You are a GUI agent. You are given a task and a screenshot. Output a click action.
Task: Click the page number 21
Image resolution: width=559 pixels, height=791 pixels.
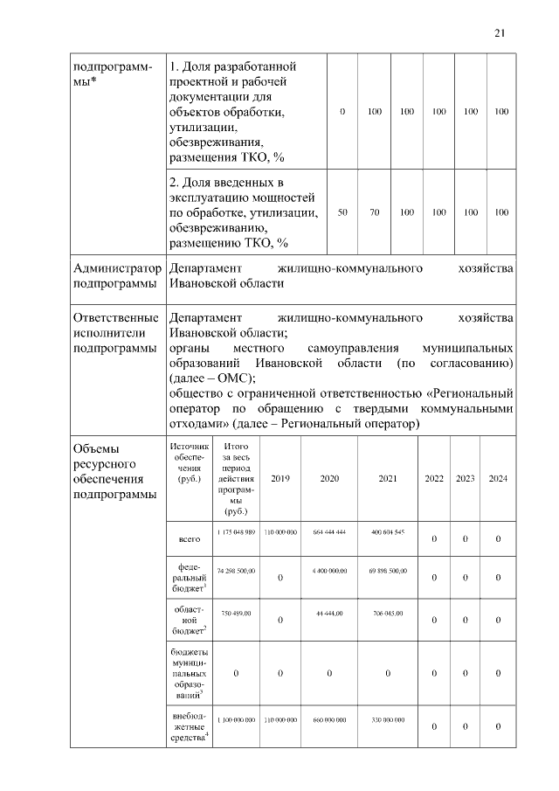(500, 33)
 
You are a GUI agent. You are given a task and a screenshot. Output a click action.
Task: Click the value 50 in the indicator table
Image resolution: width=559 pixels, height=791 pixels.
(342, 212)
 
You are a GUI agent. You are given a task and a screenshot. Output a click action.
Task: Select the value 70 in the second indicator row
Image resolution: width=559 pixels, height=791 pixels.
(374, 212)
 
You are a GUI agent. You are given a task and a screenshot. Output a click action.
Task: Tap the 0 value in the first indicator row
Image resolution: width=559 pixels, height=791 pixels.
(342, 113)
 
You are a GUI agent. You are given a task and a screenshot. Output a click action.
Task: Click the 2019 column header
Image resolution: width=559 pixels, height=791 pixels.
(280, 479)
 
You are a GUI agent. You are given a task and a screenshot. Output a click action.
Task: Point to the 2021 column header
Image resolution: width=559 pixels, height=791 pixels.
(387, 479)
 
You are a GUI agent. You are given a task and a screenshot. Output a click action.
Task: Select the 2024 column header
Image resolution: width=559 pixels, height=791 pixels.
(498, 479)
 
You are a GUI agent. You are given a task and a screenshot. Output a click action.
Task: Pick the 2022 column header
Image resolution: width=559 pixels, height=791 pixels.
(434, 479)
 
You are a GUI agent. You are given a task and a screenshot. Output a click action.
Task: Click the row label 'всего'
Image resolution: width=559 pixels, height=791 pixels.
(190, 538)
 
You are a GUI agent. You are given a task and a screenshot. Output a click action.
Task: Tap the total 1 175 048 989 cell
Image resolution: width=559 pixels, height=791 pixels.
(235, 532)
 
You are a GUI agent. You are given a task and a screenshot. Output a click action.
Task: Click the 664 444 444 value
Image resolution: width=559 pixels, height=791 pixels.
(329, 532)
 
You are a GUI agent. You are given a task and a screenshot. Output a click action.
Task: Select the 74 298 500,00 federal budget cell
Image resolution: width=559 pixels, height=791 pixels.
(235, 570)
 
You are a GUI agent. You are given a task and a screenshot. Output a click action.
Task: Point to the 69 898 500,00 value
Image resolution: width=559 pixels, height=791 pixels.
(387, 570)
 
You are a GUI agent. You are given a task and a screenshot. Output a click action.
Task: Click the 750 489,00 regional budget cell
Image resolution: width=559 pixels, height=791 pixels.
(235, 614)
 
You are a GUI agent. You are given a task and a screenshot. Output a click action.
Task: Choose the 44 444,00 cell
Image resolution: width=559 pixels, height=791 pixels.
(329, 614)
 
